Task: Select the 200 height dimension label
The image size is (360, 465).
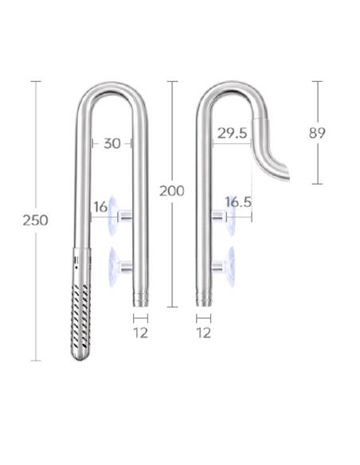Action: coord(171,191)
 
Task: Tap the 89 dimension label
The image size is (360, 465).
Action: coord(318,133)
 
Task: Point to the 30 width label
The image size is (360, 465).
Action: coord(112,143)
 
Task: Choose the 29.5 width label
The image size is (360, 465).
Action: coord(232,134)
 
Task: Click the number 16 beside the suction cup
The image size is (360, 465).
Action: coord(100,207)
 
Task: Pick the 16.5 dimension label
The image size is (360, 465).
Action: coord(238,202)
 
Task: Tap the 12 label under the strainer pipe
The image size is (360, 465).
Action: coord(141,333)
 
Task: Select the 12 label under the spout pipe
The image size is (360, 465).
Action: coord(204,333)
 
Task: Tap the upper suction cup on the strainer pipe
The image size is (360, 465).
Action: coord(114,214)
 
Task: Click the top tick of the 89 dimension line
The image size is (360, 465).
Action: coord(317,81)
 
